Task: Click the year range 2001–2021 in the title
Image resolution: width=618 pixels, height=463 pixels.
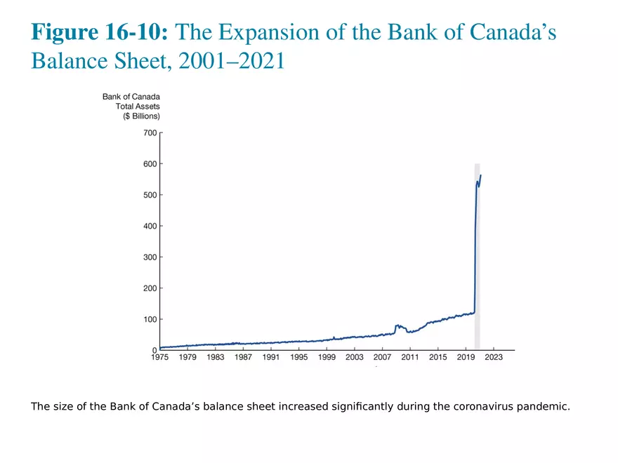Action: pos(232,61)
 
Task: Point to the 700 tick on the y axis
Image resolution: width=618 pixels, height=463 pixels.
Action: pos(151,133)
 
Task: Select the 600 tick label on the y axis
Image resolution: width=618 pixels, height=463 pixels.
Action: pos(151,163)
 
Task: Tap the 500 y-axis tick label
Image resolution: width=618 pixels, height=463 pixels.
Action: pos(151,195)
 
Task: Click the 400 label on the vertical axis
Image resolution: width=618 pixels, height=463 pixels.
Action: pos(151,226)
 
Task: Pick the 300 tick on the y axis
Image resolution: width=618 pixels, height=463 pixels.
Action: pos(151,257)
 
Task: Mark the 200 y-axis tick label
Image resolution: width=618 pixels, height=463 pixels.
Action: pos(151,288)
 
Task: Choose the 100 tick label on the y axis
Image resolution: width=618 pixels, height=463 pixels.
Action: pos(151,319)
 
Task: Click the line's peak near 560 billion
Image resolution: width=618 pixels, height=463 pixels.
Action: pos(481,175)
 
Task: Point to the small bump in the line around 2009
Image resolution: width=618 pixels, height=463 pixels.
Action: pos(398,326)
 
